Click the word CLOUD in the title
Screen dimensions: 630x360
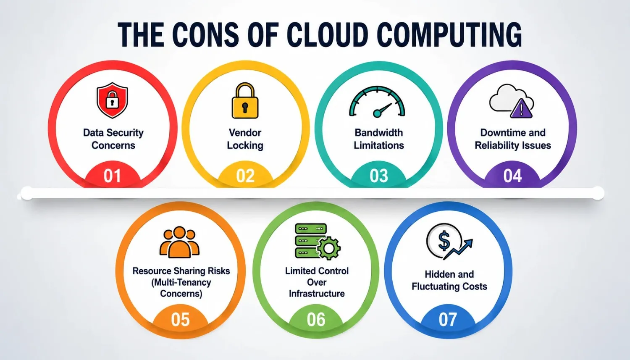coord(327,34)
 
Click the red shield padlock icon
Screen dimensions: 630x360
coord(112,100)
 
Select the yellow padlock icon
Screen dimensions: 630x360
coord(245,100)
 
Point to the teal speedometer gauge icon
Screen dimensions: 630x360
coord(377,102)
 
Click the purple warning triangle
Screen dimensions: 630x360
coord(521,108)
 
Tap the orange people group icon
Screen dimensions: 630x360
coord(179,242)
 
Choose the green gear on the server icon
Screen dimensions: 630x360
coord(329,248)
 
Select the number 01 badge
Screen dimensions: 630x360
coord(113,176)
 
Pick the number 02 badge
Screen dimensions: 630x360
coord(245,176)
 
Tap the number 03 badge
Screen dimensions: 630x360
coord(378,176)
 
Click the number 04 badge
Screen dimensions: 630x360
coord(512,176)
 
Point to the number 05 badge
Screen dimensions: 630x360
coord(180,319)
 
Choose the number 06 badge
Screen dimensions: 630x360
coord(316,319)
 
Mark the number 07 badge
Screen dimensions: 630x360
coord(448,319)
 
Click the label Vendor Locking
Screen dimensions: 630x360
coord(245,139)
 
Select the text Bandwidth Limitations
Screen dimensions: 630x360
coord(378,139)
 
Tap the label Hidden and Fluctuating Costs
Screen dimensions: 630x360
coord(449,280)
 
